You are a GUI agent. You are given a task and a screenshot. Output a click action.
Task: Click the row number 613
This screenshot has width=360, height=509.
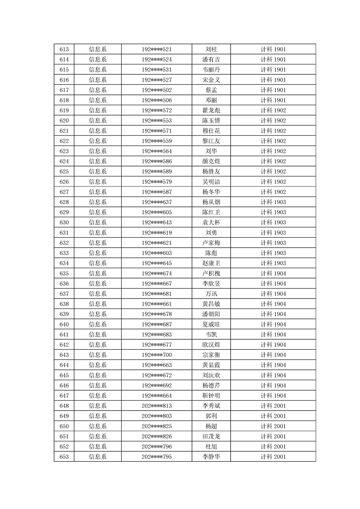pos(64,49)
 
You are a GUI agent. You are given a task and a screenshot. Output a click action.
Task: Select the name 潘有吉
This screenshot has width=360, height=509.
pos(211,59)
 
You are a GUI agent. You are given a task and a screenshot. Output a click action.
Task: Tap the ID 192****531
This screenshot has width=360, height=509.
pos(157,70)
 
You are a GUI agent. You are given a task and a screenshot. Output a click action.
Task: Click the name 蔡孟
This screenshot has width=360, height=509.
pos(211,90)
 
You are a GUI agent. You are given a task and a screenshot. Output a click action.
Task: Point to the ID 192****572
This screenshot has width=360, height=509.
pos(157,110)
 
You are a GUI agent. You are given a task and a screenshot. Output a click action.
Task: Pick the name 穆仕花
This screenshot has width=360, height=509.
pos(211,131)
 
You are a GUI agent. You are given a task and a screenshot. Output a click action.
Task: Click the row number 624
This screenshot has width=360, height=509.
pos(64,161)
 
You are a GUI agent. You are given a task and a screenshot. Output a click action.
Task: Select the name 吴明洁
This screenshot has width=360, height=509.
pos(211,181)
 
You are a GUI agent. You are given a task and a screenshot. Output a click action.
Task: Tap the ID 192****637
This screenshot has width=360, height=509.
pos(157,202)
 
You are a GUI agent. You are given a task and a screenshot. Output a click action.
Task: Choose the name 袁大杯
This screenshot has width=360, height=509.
pos(211,222)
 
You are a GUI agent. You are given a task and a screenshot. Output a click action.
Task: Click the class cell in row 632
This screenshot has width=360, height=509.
pos(273,243)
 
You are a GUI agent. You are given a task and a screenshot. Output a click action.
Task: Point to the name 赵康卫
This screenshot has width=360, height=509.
pos(211,263)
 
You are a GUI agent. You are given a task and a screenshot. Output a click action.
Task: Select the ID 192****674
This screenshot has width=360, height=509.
pos(157,273)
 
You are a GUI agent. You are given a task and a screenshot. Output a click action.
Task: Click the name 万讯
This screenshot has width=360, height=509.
pos(211,294)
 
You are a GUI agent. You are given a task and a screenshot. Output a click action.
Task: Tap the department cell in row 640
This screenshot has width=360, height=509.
pos(98,324)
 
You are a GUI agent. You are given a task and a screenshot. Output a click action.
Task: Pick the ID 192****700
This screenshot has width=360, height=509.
pos(157,355)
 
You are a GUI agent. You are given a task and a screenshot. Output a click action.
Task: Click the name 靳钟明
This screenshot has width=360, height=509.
pos(211,396)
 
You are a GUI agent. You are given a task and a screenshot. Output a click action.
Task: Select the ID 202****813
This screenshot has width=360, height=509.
pos(157,406)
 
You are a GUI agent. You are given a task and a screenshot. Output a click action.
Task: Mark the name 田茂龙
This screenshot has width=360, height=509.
pos(211,436)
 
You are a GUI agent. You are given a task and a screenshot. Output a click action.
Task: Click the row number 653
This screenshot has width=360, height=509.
pos(64,456)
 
